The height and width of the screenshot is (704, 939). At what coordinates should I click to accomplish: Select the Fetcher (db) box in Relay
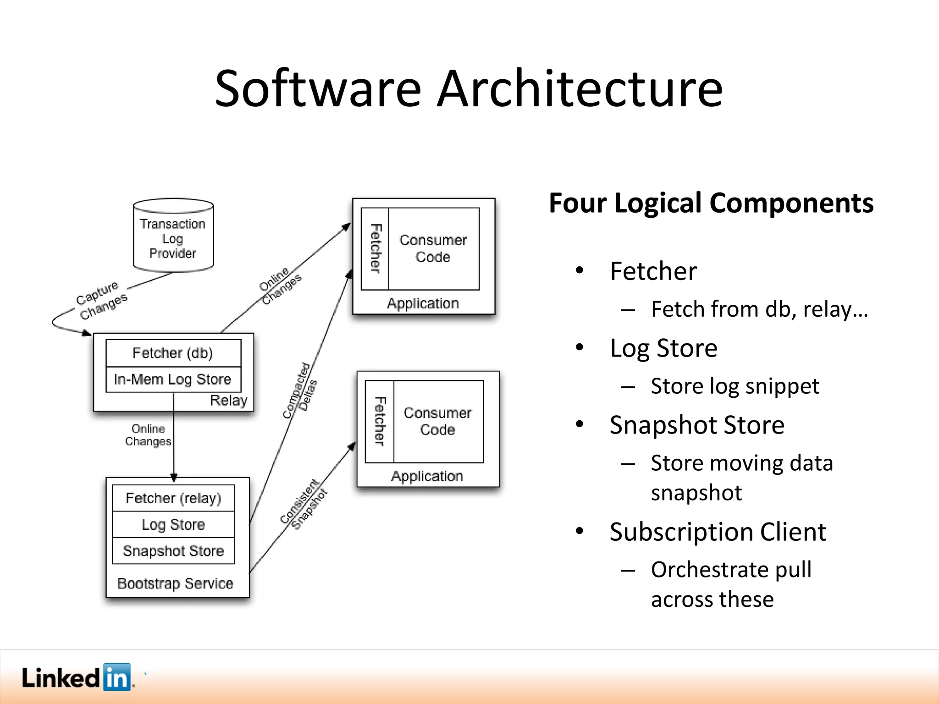(173, 353)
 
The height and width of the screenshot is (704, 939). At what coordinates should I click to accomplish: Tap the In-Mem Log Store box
(173, 379)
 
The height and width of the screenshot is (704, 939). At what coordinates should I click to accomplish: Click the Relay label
(228, 401)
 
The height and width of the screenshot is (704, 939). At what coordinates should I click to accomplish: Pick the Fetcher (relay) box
(173, 498)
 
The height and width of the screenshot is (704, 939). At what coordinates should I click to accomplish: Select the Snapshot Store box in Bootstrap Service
(173, 551)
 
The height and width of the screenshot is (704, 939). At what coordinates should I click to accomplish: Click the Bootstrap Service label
(175, 583)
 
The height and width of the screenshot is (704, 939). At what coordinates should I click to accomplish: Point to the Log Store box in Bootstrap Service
(173, 524)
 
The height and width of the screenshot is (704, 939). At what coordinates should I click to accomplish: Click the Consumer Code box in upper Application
(433, 249)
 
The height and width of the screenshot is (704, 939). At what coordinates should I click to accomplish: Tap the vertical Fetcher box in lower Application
(380, 421)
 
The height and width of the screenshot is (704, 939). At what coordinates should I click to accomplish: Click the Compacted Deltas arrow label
(300, 391)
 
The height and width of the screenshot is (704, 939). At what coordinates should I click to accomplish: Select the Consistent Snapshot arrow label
(304, 504)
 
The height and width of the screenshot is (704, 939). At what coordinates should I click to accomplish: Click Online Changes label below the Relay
(148, 435)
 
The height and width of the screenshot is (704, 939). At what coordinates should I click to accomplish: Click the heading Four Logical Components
(711, 203)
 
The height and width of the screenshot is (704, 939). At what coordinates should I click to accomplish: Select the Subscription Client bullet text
(718, 532)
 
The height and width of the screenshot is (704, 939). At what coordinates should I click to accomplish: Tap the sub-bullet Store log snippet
(735, 386)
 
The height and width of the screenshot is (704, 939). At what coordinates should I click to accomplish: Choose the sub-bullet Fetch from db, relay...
(759, 309)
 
